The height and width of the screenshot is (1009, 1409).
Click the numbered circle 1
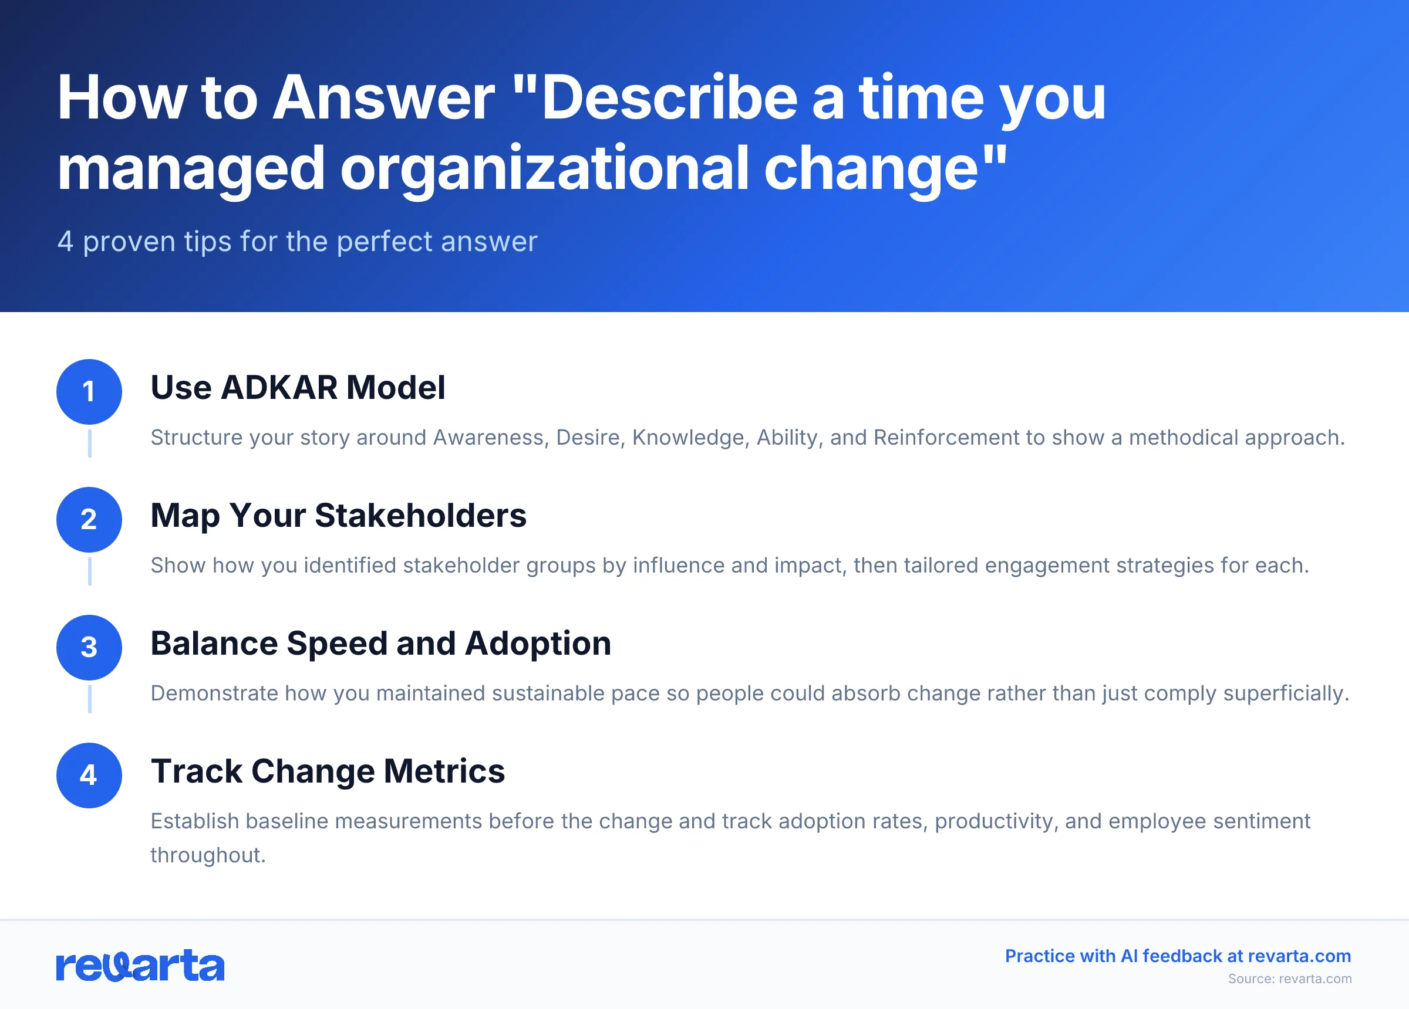(x=89, y=392)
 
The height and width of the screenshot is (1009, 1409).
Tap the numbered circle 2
(x=89, y=520)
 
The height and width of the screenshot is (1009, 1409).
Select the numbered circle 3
(x=89, y=648)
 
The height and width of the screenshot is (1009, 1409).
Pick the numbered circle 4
(x=89, y=776)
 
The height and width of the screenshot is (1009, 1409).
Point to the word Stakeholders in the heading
(x=420, y=516)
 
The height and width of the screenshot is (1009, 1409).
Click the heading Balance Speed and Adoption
(x=380, y=644)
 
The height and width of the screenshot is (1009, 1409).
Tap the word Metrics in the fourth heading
(x=444, y=771)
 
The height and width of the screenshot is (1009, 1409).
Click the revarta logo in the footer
(x=140, y=966)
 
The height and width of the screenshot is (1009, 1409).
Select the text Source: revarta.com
(x=1289, y=979)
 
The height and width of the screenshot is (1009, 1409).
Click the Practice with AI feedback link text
(x=1177, y=956)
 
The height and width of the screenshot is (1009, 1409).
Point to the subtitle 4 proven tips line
(x=297, y=242)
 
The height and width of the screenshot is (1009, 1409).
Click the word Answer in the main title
(x=383, y=97)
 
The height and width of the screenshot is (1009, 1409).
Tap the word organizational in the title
(x=544, y=168)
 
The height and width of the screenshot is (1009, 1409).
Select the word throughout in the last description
(x=207, y=856)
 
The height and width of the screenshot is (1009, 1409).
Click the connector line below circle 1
(x=89, y=443)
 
